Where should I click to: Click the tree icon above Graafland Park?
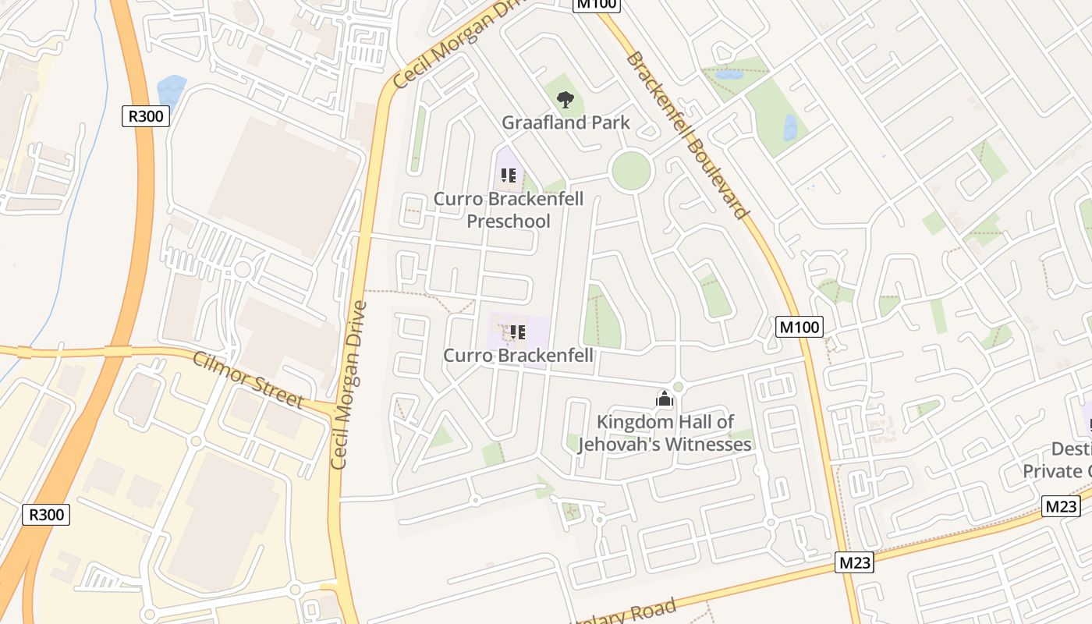coord(565,99)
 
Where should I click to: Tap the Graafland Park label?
coord(565,122)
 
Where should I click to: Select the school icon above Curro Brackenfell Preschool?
coord(509,175)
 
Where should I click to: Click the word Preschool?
coord(509,221)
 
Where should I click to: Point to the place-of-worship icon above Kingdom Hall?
coord(665,399)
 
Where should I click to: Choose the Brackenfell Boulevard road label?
coord(687,135)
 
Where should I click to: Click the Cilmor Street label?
coord(247,380)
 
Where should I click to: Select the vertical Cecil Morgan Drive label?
coord(349,385)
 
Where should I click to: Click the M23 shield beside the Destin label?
coord(1061,506)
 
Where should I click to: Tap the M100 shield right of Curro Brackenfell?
coord(800,327)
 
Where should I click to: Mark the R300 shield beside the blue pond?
coord(146,116)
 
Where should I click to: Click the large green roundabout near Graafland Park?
coord(630,171)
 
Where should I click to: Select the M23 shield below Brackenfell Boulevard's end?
coord(854,562)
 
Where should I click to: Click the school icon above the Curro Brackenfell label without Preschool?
coord(517,332)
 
